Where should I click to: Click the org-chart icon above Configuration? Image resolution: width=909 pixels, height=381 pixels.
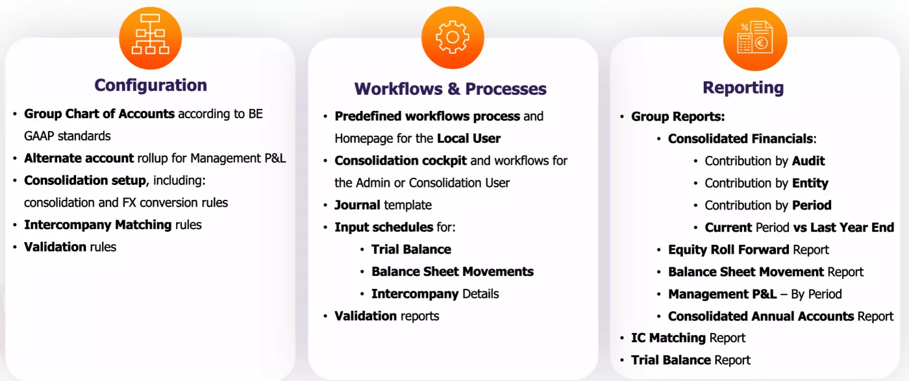[150, 38]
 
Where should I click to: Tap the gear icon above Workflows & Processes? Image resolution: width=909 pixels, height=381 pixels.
[453, 38]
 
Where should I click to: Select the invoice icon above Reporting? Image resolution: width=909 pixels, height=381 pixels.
[754, 39]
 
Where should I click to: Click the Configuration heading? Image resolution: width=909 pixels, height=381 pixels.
[151, 85]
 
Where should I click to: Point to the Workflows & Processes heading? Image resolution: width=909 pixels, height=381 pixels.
[450, 89]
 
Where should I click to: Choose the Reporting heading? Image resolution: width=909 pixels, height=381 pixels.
[743, 88]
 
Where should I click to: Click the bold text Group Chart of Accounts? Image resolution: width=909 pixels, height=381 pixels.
[99, 114]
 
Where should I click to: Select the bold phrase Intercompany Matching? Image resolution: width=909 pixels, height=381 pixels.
[98, 225]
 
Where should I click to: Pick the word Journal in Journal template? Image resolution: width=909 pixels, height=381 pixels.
[357, 205]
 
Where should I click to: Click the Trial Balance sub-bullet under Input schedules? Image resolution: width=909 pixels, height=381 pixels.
[411, 249]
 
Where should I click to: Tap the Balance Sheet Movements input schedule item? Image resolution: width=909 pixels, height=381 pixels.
[452, 271]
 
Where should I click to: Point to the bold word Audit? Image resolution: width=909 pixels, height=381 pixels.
[808, 161]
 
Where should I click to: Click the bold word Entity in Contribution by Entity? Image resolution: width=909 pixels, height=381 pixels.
[810, 183]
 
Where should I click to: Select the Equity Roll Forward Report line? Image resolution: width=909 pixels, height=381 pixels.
[748, 249]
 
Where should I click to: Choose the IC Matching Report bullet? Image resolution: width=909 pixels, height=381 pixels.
[688, 338]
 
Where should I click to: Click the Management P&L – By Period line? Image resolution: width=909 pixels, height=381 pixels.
[754, 294]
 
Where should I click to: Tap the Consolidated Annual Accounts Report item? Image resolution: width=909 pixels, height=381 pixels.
[780, 316]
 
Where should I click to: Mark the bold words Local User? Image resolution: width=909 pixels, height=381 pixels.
[468, 138]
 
